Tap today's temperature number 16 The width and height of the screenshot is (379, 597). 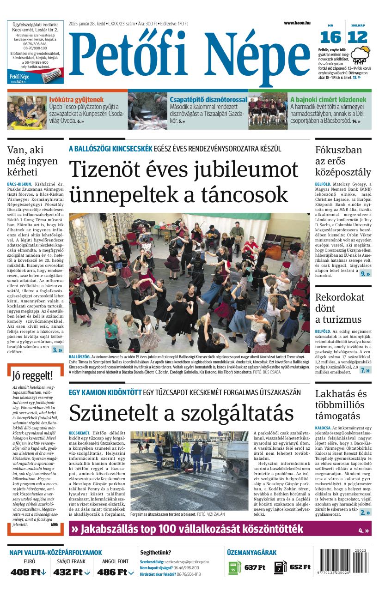(x=330, y=37)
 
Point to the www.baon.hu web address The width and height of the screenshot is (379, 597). (x=297, y=23)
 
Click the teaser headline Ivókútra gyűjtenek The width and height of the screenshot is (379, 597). (x=76, y=99)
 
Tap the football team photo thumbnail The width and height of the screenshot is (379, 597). (x=268, y=111)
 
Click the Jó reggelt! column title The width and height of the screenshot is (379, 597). (x=32, y=375)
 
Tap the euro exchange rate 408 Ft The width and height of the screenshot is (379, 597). (x=29, y=572)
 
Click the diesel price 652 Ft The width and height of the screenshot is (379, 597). (x=300, y=567)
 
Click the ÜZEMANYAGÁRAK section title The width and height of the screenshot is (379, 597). (x=251, y=552)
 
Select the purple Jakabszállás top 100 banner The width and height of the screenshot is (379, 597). (x=220, y=529)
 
